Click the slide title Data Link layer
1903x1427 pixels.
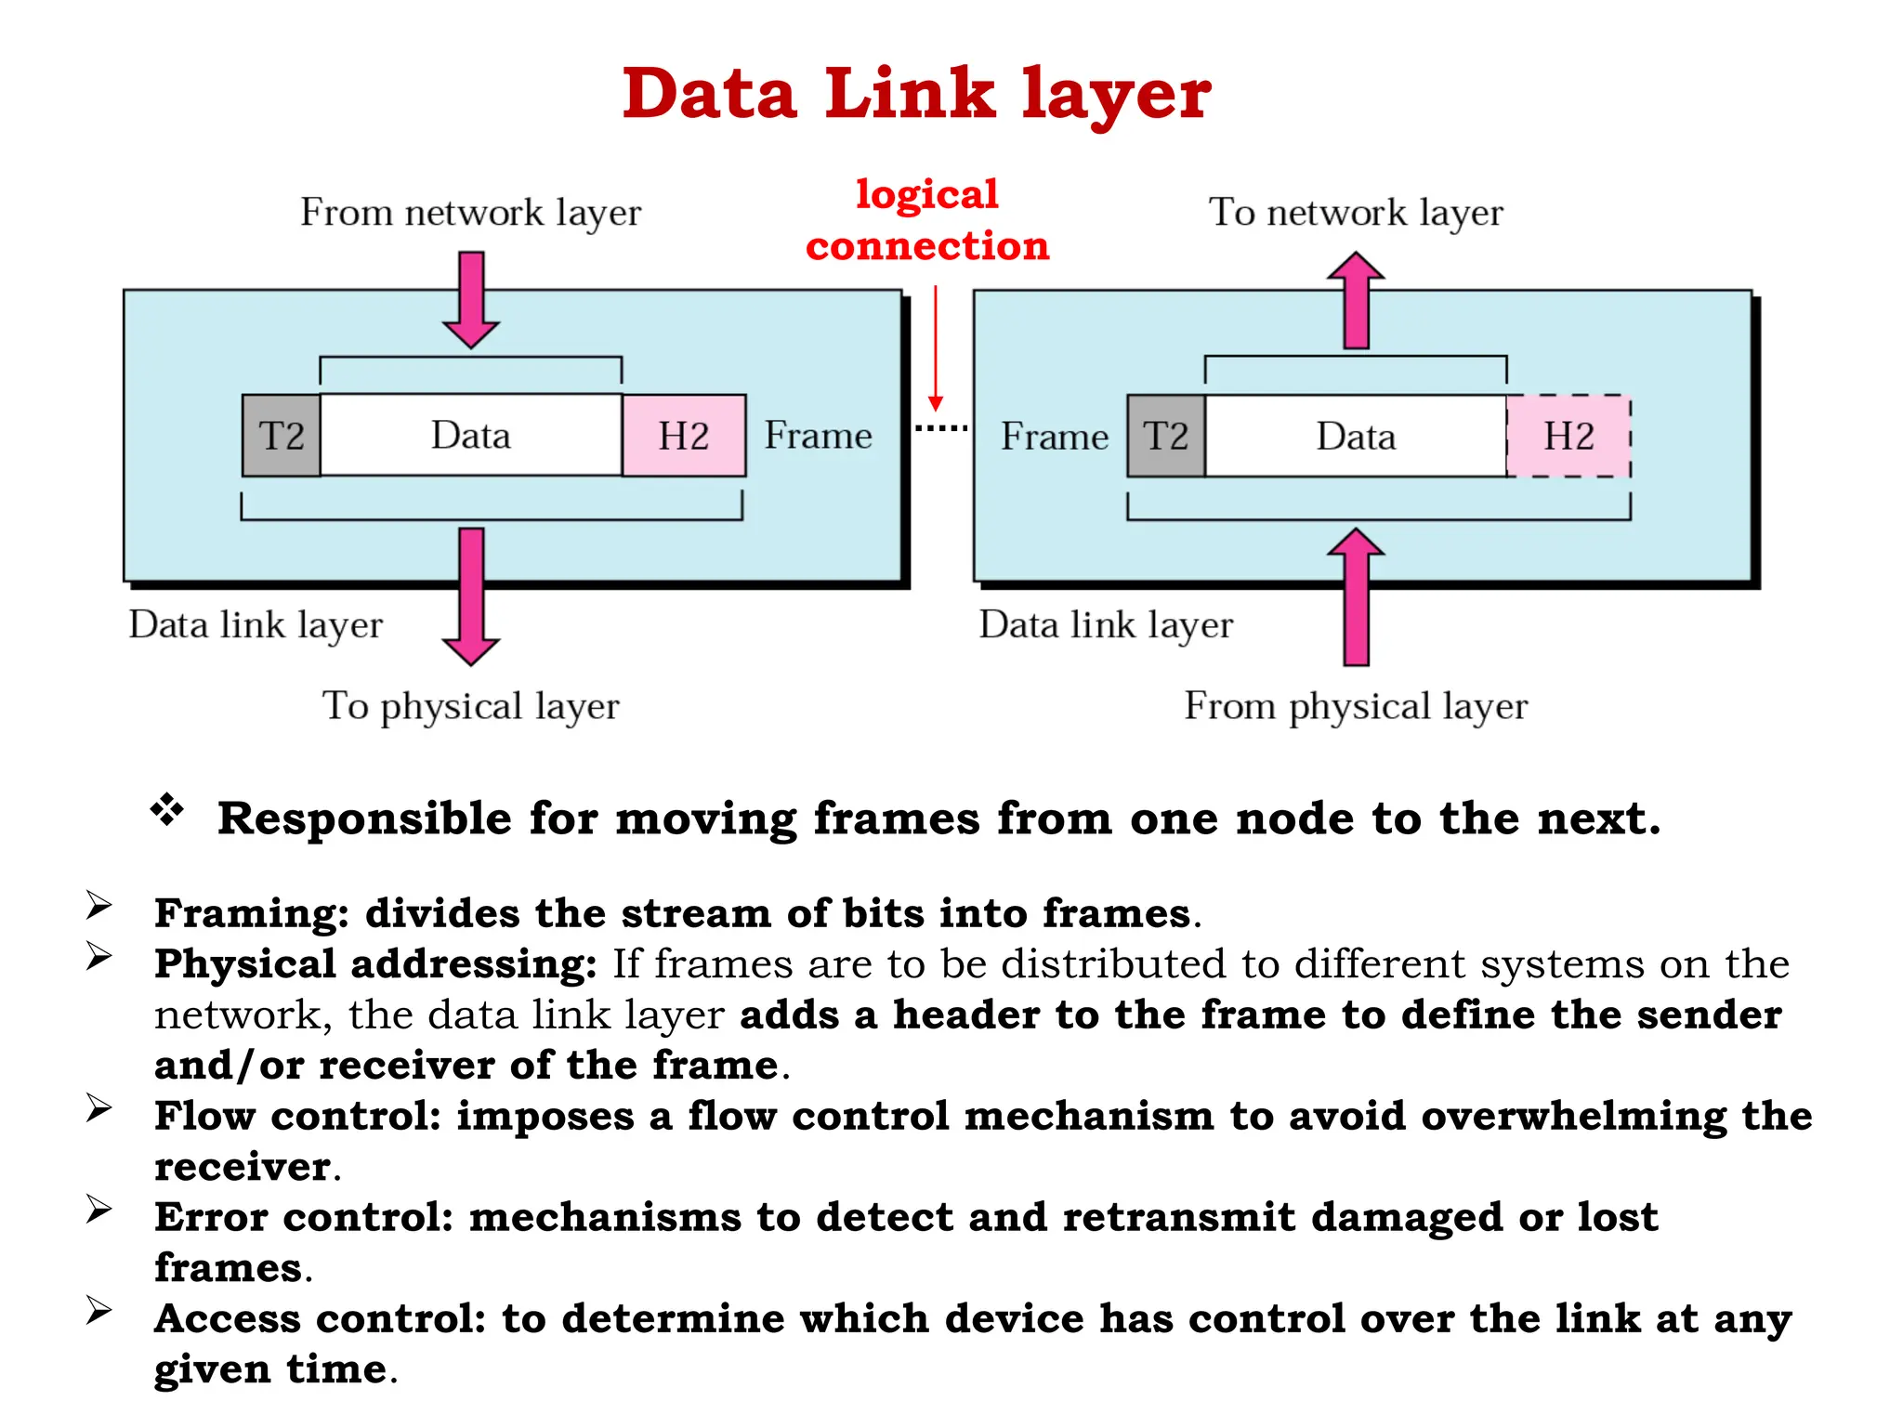click(916, 94)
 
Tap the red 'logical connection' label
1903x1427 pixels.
click(926, 220)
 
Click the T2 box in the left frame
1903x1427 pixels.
click(282, 436)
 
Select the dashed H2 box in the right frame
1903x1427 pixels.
click(1568, 436)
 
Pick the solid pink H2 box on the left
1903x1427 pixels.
click(684, 436)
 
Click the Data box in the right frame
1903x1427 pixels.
click(1355, 436)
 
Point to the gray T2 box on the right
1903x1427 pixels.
click(1166, 436)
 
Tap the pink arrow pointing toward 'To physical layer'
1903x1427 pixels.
click(471, 595)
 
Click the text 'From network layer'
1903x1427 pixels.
click(470, 213)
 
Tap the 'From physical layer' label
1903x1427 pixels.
click(1355, 706)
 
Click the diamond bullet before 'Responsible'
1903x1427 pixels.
click(167, 810)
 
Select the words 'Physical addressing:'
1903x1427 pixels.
click(375, 963)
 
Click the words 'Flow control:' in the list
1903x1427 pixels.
click(297, 1116)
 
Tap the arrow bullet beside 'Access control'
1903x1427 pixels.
click(99, 1310)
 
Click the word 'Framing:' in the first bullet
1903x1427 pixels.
click(251, 913)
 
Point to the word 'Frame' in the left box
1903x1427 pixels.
click(818, 436)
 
